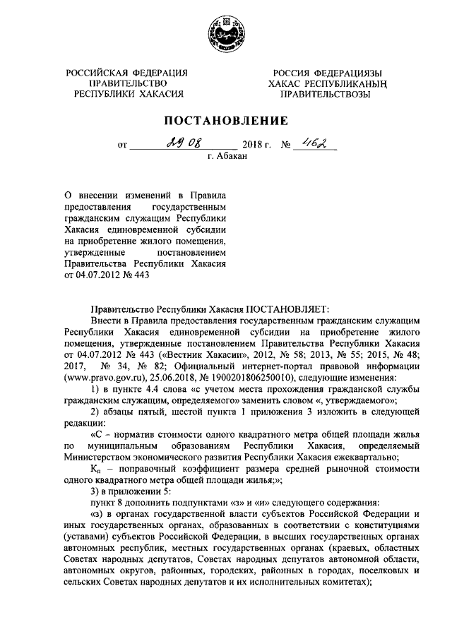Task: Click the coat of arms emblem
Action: (x=225, y=33)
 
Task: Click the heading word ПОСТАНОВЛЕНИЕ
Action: (x=226, y=119)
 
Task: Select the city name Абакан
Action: (x=232, y=157)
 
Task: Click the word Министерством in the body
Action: (x=101, y=456)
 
